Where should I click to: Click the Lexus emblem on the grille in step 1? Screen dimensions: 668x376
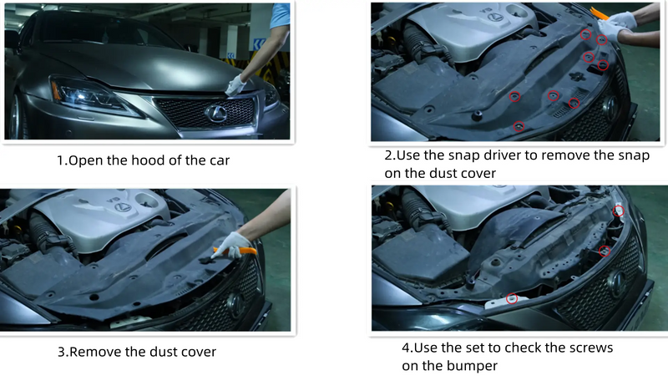coord(216,114)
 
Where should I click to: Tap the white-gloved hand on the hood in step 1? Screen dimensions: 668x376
coord(235,85)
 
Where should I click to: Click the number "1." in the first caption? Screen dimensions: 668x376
coord(62,160)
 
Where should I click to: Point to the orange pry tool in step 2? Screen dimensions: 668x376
coord(600,15)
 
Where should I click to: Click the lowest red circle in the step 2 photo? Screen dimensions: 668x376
coord(519,126)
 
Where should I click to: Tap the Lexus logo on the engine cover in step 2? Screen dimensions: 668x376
coord(494,17)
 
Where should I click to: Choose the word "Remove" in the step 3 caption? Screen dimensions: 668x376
coord(95,352)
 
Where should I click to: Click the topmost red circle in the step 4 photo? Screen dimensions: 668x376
coord(619,211)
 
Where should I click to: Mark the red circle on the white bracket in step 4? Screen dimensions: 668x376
coord(512,298)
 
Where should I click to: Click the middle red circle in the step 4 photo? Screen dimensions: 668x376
coord(605,252)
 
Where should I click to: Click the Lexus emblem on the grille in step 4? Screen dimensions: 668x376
coord(616,282)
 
